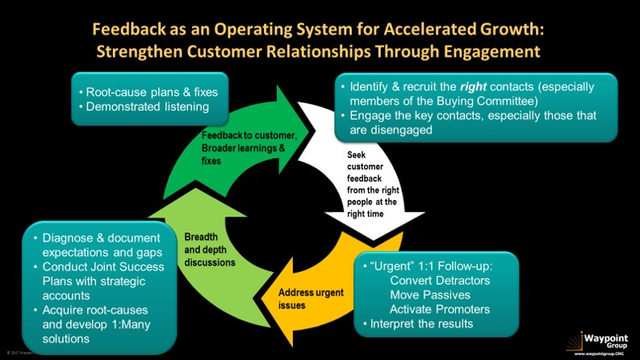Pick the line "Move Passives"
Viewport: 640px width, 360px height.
tap(428, 295)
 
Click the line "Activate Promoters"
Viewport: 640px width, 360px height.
tap(440, 310)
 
